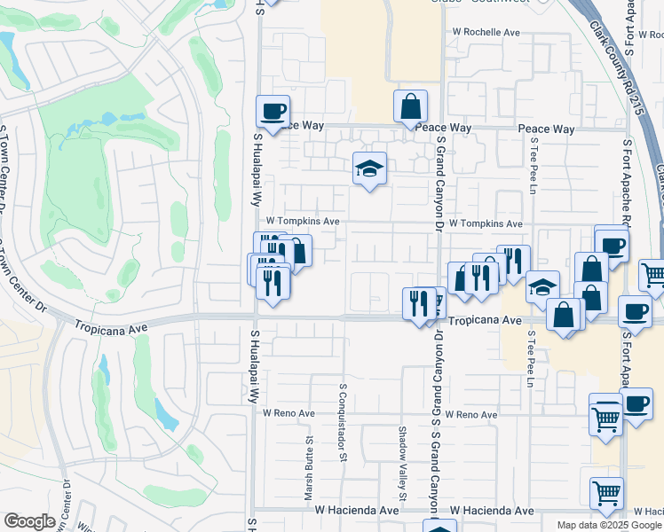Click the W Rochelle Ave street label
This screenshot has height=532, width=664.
pos(486,32)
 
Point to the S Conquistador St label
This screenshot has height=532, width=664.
pos(343,422)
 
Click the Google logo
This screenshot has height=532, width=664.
pos(29,521)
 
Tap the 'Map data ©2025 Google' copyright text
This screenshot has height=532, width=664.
pos(609,525)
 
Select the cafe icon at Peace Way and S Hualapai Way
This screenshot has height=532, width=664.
pos(273,112)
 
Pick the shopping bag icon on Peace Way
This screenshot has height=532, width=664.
pos(410,106)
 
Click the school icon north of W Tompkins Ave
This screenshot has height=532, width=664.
pos(369,168)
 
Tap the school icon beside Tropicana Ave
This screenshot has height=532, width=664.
pos(542,287)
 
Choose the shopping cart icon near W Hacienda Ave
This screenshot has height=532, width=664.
pos(606,492)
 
